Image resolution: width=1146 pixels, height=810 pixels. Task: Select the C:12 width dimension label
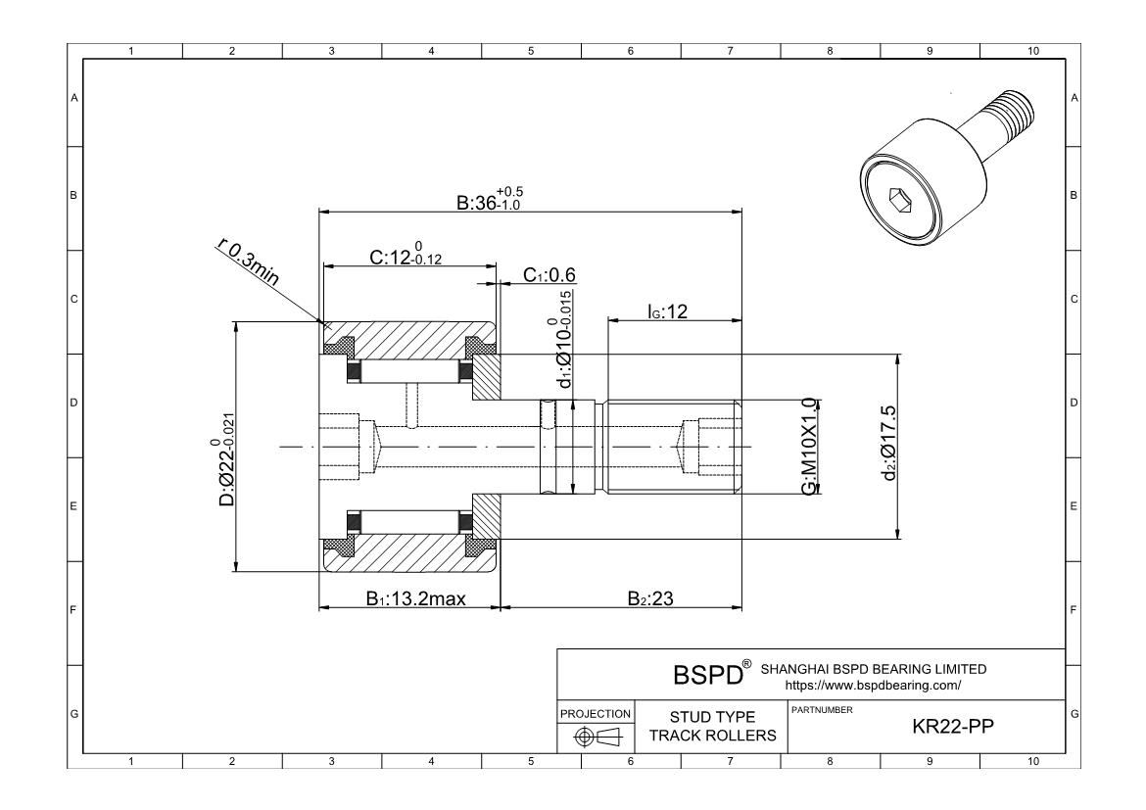pyautogui.click(x=401, y=258)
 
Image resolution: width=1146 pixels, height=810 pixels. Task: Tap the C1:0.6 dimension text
pyautogui.click(x=549, y=276)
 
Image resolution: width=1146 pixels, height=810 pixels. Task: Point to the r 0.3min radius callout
pyautogui.click(x=248, y=263)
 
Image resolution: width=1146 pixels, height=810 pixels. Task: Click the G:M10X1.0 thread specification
pyautogui.click(x=809, y=447)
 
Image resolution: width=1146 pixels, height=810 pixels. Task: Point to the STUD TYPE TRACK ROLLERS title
pyautogui.click(x=711, y=727)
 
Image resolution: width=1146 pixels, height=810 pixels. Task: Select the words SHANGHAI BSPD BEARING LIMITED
pyautogui.click(x=873, y=669)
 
